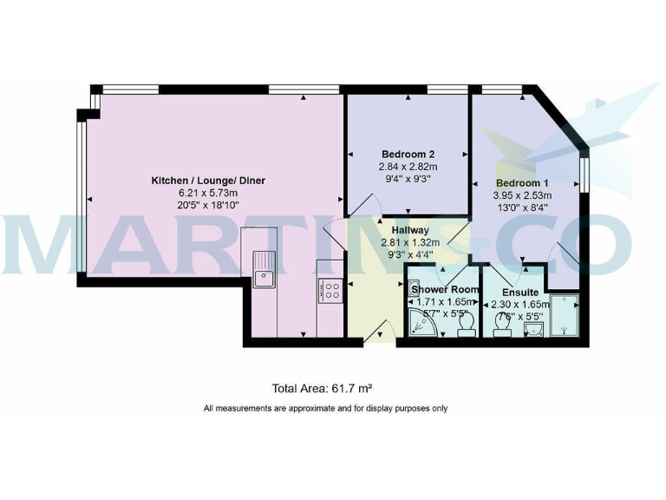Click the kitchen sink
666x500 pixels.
(263, 268)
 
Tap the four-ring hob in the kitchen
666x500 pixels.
(330, 290)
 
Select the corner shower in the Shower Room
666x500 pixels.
(422, 324)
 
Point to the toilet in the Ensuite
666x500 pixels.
(502, 325)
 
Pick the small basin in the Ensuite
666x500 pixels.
(533, 327)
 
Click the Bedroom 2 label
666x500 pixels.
(408, 155)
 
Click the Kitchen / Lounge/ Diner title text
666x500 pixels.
(208, 181)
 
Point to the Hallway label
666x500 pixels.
(411, 230)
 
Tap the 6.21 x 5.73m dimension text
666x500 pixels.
(208, 193)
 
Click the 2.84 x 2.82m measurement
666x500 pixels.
(408, 167)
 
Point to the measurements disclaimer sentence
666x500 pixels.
(325, 408)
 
